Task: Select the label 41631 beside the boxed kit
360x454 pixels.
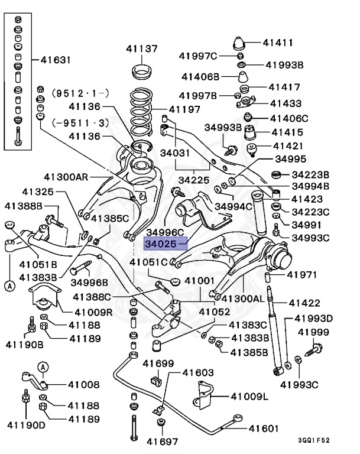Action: (56, 60)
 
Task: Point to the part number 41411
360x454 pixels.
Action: (278, 43)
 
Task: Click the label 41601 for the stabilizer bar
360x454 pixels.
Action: (263, 428)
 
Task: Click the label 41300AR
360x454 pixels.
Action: (66, 176)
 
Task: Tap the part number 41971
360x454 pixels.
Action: (302, 275)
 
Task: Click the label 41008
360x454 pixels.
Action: (83, 385)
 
